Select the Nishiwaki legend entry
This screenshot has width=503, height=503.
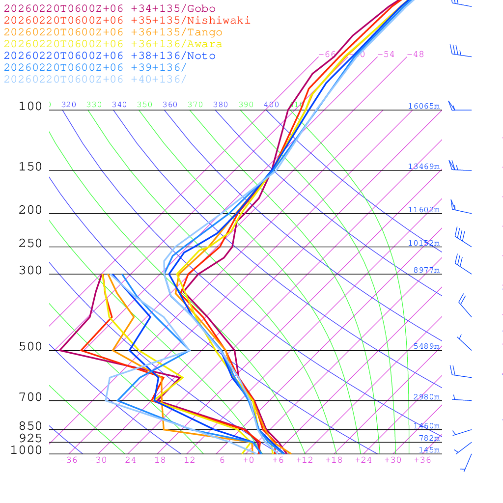click(127, 20)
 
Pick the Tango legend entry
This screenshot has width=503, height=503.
click(113, 32)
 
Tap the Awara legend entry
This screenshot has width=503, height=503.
click(113, 44)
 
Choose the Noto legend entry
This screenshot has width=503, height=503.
click(110, 56)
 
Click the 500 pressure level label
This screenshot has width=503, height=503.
click(30, 347)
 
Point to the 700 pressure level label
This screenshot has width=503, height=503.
click(30, 397)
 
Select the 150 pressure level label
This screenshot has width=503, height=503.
click(30, 167)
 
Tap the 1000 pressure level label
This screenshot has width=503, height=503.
click(26, 450)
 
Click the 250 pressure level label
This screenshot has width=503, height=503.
click(30, 244)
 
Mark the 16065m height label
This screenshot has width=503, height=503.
click(424, 106)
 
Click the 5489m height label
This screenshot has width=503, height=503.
click(426, 346)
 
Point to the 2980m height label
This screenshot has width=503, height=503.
click(426, 397)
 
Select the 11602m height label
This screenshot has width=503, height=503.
click(424, 210)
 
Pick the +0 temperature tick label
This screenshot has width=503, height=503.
click(249, 460)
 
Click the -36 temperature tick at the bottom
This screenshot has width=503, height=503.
click(69, 460)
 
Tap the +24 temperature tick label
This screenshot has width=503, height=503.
click(363, 460)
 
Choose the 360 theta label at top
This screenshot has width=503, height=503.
click(170, 105)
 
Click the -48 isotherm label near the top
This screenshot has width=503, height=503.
click(415, 55)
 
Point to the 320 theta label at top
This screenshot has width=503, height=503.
click(69, 105)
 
